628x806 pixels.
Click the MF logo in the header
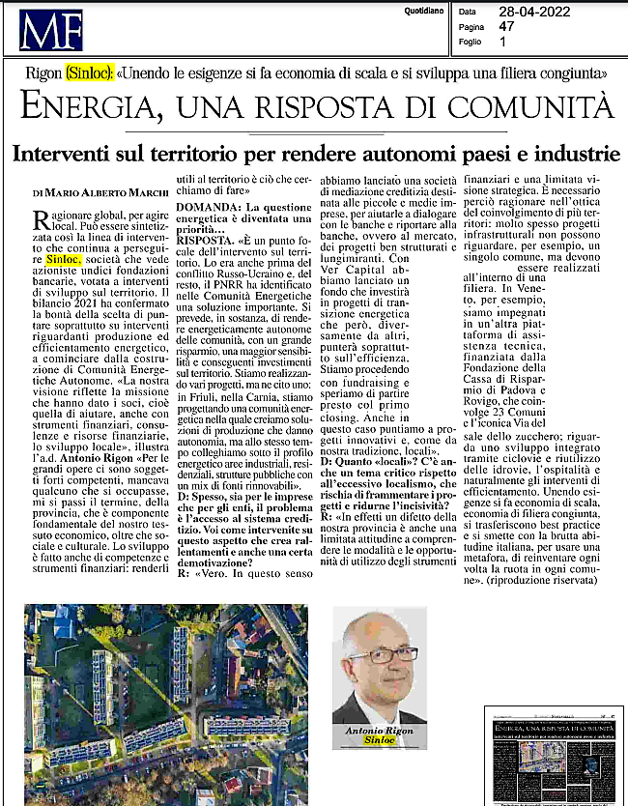(x=51, y=29)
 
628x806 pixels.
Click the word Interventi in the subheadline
(x=72, y=154)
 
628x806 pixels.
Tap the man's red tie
(x=384, y=713)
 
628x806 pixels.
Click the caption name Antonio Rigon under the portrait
(x=379, y=732)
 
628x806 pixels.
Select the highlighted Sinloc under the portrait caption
(x=379, y=742)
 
